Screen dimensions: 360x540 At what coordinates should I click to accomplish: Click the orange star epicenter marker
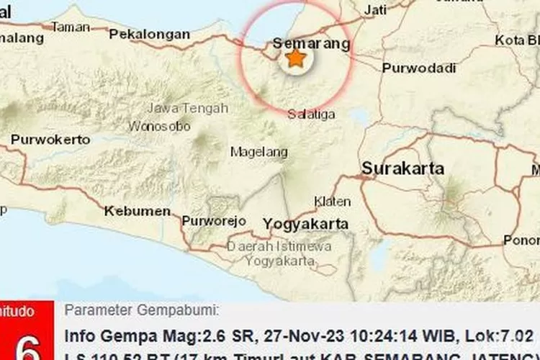(295, 58)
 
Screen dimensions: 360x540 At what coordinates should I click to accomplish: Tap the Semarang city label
(311, 44)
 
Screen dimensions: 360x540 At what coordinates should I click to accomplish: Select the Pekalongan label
(149, 34)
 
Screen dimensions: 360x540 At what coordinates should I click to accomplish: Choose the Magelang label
(259, 152)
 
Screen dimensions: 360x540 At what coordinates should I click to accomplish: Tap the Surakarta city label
(402, 169)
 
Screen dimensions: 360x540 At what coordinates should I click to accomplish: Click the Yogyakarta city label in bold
(306, 223)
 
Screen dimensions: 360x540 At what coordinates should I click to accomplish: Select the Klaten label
(333, 202)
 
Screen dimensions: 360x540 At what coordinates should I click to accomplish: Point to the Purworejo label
(214, 220)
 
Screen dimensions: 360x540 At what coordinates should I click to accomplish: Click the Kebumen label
(138, 211)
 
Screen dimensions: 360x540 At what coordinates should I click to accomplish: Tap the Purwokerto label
(50, 140)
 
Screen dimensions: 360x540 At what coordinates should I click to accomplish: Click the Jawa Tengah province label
(187, 108)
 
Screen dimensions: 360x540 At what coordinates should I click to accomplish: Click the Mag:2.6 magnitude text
(172, 336)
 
